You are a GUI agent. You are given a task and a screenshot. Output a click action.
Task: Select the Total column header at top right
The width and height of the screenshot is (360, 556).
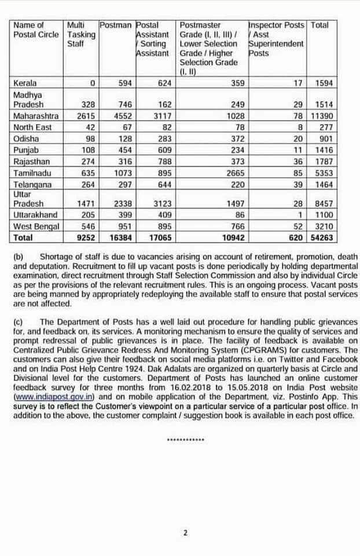pyautogui.click(x=319, y=25)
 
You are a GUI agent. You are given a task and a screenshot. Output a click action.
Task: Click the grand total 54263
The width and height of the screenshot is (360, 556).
pyautogui.click(x=321, y=237)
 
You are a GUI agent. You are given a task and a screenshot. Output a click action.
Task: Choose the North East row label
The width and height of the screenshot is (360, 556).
pyautogui.click(x=32, y=127)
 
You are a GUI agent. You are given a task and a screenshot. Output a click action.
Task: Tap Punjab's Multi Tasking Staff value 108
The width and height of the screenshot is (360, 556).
pyautogui.click(x=86, y=149)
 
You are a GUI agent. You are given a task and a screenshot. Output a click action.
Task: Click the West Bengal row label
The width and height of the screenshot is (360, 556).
pyautogui.click(x=35, y=226)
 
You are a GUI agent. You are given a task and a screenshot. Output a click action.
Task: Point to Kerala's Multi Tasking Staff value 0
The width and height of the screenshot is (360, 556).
pyautogui.click(x=92, y=83)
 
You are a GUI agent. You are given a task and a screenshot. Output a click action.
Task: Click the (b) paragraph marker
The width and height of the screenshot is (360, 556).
pyautogui.click(x=17, y=257)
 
